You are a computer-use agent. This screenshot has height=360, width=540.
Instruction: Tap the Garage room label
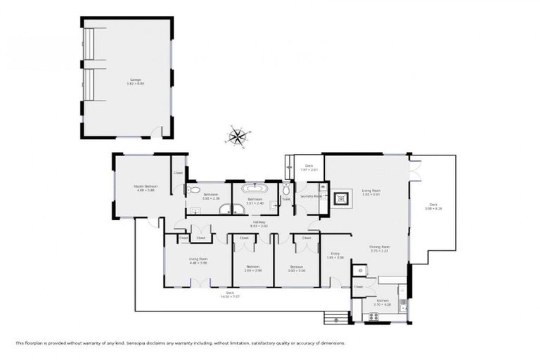(x=135, y=82)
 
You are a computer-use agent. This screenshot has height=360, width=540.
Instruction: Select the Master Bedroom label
(x=146, y=188)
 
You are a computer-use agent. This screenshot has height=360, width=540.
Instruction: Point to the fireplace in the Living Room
(x=343, y=198)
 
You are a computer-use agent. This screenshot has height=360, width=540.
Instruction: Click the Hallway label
(x=259, y=224)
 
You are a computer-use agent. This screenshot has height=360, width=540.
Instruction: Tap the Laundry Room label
(x=311, y=196)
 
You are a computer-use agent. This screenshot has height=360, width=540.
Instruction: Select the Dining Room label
(x=380, y=248)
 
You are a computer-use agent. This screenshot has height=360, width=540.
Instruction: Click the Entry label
(x=335, y=256)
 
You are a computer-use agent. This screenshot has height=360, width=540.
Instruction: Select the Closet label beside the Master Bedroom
(x=179, y=172)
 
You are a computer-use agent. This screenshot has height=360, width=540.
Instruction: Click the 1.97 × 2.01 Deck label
(x=309, y=168)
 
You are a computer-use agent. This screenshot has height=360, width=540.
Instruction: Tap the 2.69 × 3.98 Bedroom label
(x=253, y=268)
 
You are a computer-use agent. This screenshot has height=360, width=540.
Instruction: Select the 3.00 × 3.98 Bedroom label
(x=296, y=268)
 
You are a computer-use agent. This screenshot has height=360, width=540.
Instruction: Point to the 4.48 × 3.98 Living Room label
(x=198, y=261)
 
